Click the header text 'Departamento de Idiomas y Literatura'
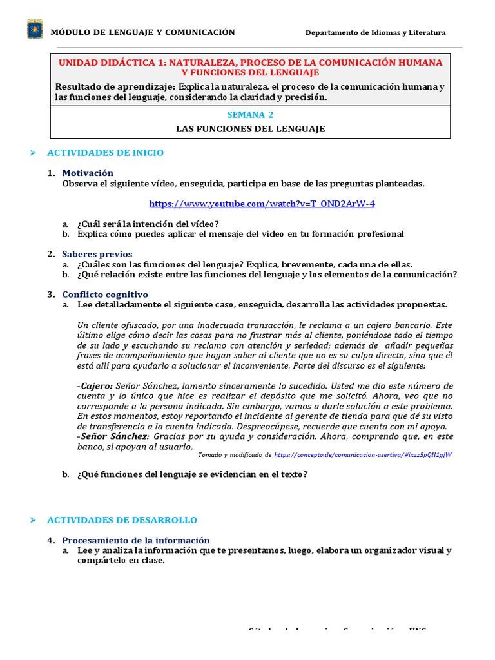375,33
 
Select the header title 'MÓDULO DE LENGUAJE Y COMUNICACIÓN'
142,32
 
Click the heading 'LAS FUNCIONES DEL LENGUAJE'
250,129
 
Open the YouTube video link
262,204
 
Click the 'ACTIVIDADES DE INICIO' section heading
105,153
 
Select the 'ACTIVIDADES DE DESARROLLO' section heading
122,520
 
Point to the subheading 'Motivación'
88,173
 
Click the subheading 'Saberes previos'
97,254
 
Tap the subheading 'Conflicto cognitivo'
105,295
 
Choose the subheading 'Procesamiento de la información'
135,540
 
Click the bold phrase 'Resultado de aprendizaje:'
115,86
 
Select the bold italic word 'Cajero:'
95,385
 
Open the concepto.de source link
362,454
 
